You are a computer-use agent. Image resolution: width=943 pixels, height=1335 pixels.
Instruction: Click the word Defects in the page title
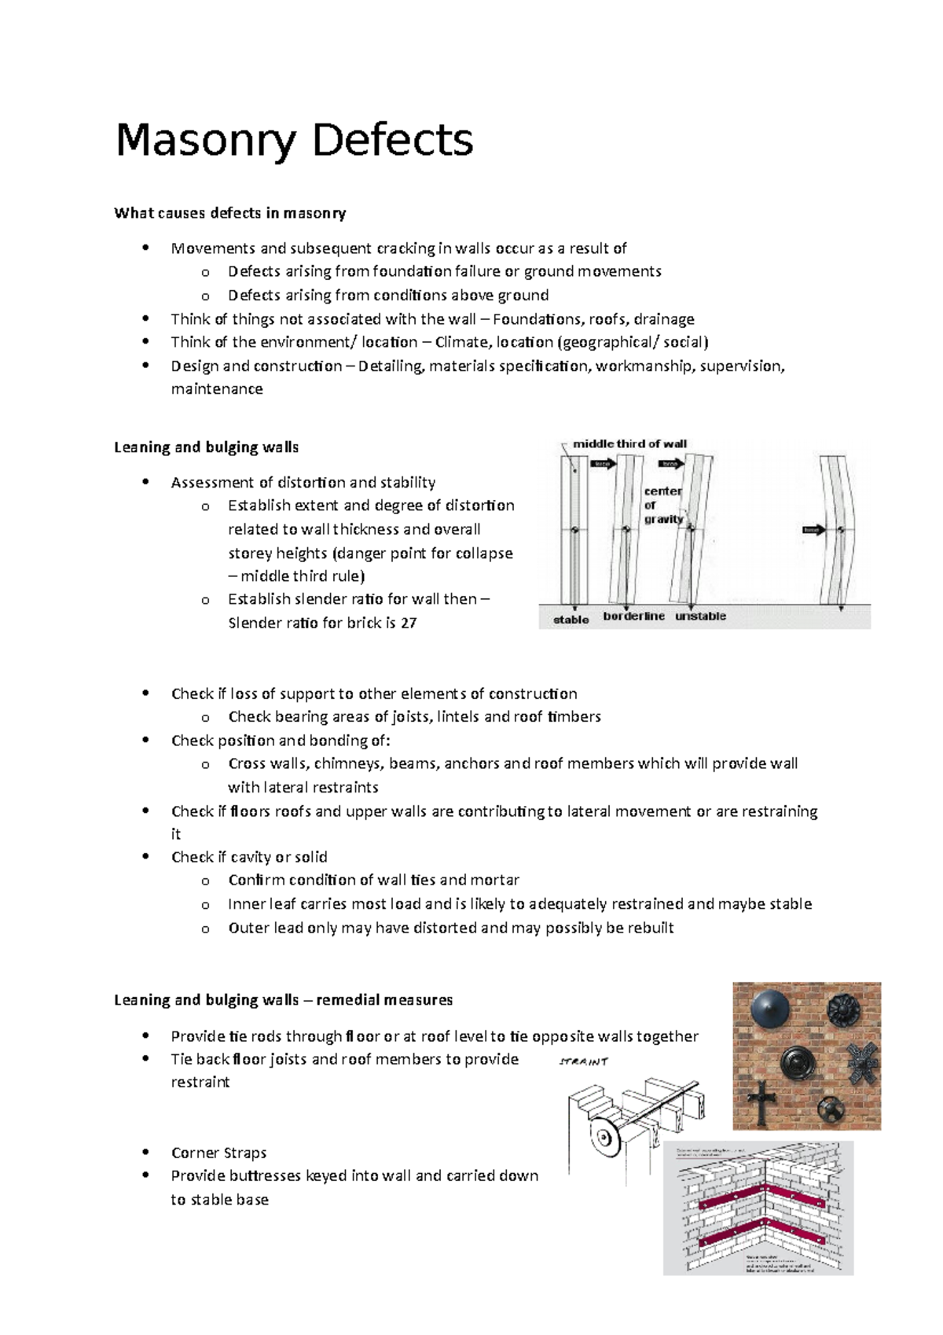pos(392,141)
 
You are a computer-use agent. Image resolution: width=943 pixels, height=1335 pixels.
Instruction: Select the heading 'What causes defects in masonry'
pos(229,213)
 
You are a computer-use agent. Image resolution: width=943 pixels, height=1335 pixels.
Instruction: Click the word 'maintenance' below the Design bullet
pos(217,389)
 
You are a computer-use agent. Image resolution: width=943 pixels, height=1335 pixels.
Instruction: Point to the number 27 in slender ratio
pos(408,623)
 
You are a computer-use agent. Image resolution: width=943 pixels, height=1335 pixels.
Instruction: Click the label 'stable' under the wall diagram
pos(571,620)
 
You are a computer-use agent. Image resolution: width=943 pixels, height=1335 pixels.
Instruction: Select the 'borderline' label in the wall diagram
pos(633,616)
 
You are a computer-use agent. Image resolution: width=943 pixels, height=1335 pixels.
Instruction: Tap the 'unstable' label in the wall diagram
pos(699,616)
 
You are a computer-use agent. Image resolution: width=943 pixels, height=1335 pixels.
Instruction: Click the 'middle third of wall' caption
pos(629,443)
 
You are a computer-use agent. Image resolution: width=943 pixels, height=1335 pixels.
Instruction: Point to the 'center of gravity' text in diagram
pos(662,505)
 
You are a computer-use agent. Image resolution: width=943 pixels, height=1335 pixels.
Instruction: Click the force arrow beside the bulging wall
pos(812,530)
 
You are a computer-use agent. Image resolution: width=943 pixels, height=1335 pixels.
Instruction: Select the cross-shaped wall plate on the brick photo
pos(760,1102)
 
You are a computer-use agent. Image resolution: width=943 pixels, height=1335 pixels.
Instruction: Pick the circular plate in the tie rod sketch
pos(604,1138)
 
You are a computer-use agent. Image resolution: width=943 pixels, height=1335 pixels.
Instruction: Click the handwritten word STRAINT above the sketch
pos(583,1061)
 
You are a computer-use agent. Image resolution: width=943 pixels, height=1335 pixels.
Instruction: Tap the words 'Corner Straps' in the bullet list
pos(218,1153)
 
